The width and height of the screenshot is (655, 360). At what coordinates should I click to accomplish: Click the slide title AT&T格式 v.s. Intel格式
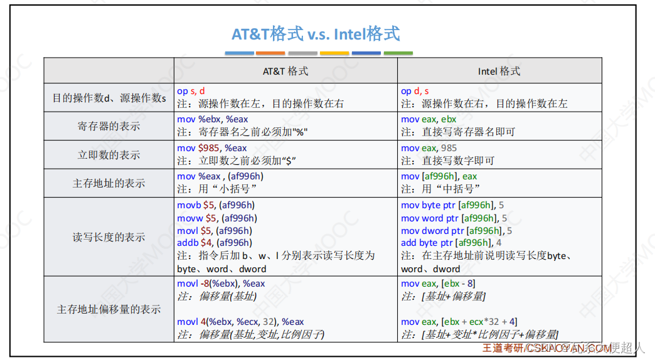(316, 33)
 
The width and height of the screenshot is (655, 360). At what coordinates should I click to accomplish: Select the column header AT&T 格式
(285, 71)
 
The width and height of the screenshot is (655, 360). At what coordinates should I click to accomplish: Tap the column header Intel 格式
(499, 71)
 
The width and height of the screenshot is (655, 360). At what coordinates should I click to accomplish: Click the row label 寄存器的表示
(109, 126)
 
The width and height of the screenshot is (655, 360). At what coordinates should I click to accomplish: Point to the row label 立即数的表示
(109, 155)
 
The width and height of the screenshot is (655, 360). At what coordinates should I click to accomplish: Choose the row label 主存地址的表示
(109, 183)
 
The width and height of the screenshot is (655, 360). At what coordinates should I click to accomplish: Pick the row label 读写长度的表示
(109, 237)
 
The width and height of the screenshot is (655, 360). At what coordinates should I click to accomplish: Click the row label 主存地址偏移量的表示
(109, 309)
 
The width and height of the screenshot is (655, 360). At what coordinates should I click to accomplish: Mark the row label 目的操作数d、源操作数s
(109, 98)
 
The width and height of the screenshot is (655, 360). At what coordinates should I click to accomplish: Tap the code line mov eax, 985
(429, 148)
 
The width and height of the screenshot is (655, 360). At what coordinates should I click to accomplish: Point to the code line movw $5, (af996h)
(217, 218)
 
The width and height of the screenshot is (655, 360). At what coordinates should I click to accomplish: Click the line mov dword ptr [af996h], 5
(456, 230)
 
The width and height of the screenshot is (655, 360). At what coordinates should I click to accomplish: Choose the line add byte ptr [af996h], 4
(451, 243)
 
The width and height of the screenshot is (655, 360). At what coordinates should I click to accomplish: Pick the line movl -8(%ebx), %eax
(221, 283)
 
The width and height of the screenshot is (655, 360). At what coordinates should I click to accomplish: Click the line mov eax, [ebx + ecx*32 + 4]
(459, 322)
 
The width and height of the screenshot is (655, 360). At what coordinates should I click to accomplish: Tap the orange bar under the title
(270, 53)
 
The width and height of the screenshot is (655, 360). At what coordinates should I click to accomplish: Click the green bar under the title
(398, 53)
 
